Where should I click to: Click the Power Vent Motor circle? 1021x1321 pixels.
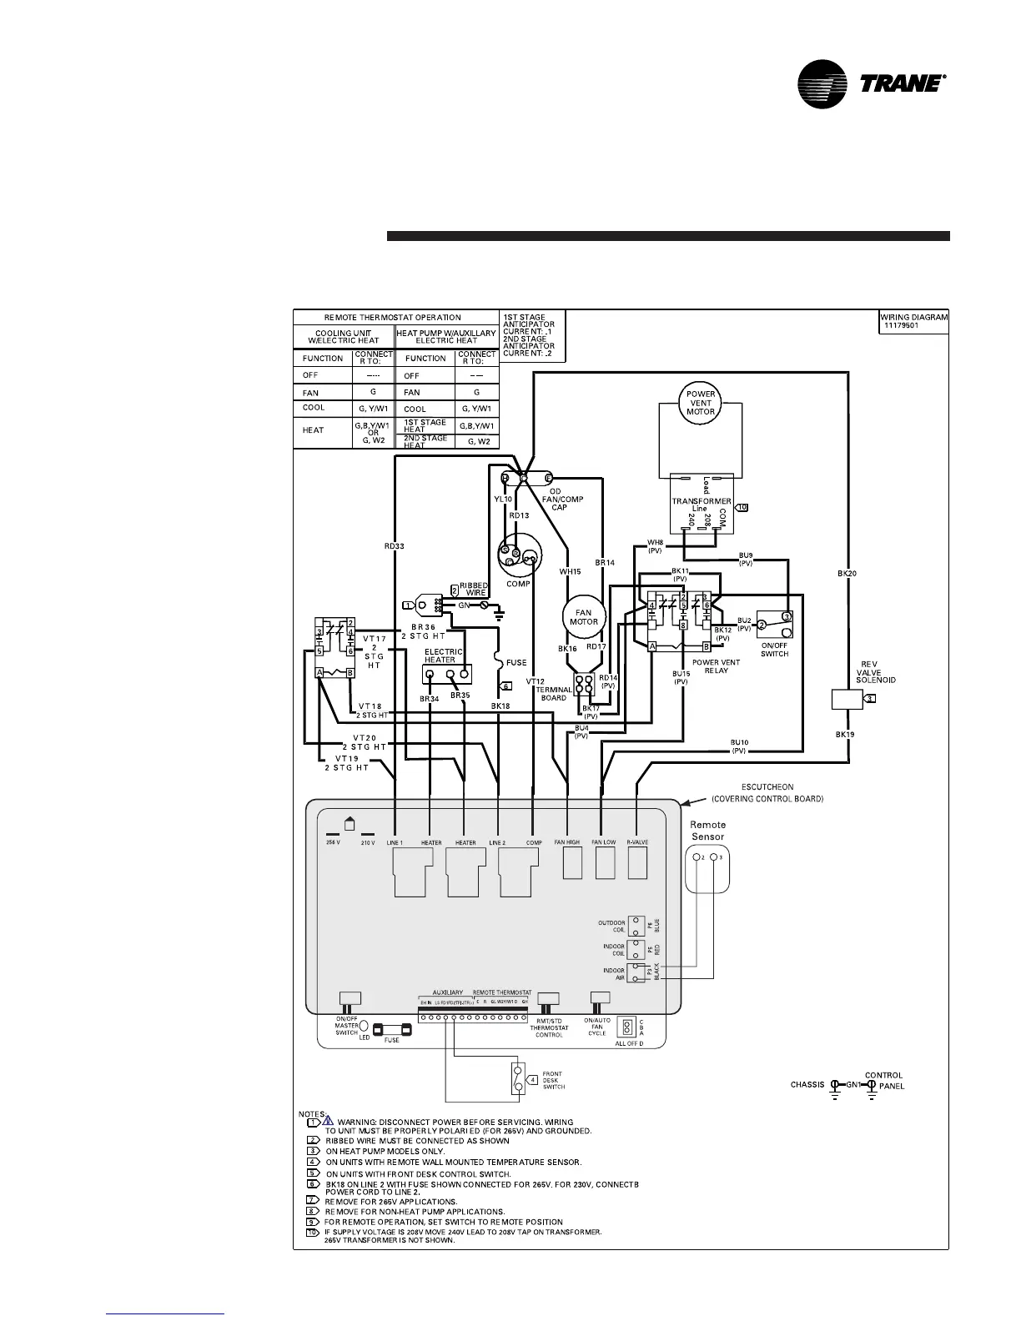point(701,403)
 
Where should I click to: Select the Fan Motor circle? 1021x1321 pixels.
point(584,617)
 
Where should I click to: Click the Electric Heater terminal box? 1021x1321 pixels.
point(446,676)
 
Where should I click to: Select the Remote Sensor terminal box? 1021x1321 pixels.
point(707,866)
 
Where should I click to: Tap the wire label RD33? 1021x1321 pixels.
point(395,546)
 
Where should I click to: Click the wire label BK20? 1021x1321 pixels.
point(847,573)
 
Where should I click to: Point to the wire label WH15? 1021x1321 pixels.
point(570,571)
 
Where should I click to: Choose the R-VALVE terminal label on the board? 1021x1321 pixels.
point(637,842)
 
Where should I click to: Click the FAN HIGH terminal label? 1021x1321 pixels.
point(567,842)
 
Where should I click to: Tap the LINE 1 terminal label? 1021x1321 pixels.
point(395,843)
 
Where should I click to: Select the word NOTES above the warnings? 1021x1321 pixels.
point(310,1113)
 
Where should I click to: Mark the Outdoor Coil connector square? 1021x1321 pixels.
point(636,926)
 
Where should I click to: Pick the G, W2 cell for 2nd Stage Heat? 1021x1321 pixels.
point(477,441)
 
